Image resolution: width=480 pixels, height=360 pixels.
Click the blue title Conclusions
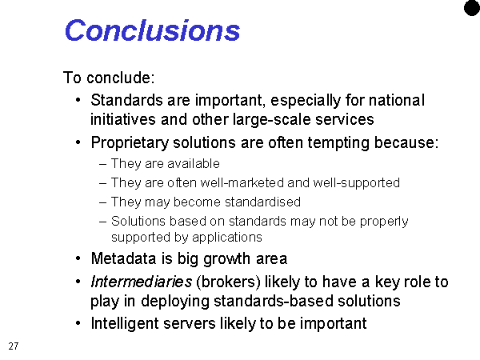tap(152, 30)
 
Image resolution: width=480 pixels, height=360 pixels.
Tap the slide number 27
tap(14, 346)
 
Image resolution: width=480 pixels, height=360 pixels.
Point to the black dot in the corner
tap(472, 8)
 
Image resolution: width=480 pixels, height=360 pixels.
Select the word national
tap(397, 100)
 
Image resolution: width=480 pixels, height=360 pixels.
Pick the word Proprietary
tap(130, 143)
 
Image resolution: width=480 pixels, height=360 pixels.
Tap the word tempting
tap(338, 143)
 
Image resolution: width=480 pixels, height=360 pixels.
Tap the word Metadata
tap(124, 258)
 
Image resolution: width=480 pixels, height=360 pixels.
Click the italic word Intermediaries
tap(142, 282)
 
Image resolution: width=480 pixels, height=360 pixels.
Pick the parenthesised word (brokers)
tap(228, 282)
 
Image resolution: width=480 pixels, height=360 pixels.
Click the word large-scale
tap(271, 120)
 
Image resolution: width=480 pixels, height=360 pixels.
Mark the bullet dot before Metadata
tap(78, 258)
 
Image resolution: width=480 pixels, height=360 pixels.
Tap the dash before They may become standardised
tap(103, 202)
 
